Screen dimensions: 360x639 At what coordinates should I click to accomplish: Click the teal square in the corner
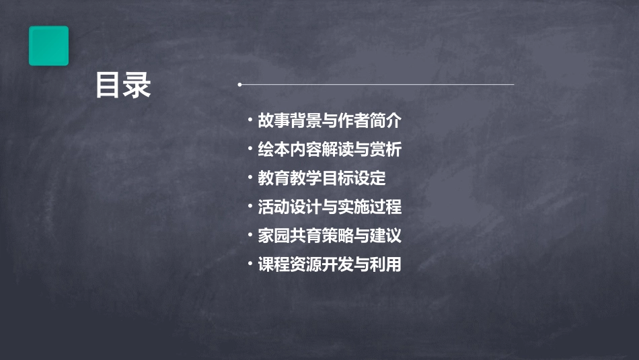point(48,46)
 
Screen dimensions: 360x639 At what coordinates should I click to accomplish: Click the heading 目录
point(123,85)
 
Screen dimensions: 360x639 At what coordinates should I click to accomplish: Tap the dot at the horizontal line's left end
point(239,85)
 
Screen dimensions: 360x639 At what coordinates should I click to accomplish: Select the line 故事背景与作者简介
point(329,121)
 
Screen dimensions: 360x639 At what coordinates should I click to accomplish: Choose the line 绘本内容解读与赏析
point(329,149)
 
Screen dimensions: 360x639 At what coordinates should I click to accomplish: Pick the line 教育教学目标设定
point(322,178)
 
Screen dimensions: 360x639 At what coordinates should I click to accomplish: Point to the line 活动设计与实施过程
point(329,207)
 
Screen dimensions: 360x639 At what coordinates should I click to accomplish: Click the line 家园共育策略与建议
point(329,236)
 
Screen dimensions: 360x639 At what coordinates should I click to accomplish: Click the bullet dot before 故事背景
point(250,121)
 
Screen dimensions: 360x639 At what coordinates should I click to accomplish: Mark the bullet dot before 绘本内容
point(250,149)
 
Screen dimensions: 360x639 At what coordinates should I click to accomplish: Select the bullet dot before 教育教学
point(250,178)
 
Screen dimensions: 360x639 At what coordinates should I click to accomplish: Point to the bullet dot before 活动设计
point(250,207)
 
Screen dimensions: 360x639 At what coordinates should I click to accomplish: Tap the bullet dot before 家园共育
point(250,236)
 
